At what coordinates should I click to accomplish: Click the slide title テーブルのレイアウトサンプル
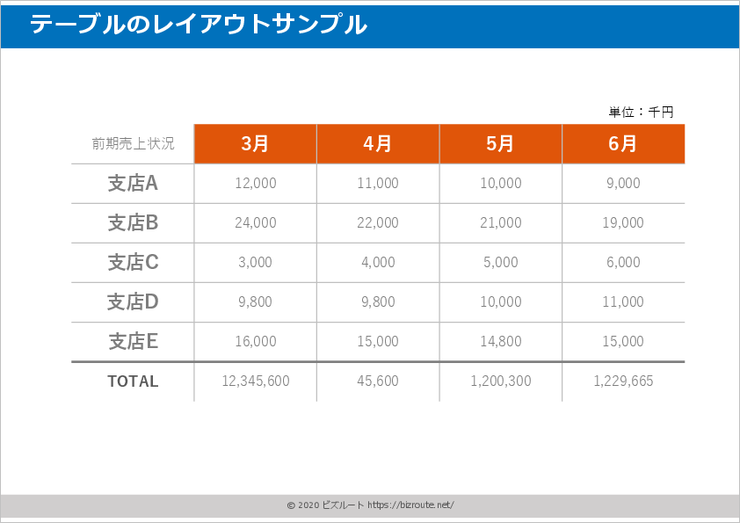pos(199,25)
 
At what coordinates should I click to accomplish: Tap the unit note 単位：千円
pos(641,112)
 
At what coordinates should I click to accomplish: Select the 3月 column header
pos(255,143)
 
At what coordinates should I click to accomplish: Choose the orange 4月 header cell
pos(378,143)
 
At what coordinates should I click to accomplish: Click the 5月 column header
pos(501,143)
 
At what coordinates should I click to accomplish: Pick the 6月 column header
pos(623,143)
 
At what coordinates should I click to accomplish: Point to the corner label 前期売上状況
pos(133,143)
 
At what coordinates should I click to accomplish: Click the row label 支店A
pos(133,183)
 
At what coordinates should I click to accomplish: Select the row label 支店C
pos(133,262)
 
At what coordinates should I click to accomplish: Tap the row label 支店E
pos(133,341)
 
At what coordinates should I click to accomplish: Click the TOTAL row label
pos(133,381)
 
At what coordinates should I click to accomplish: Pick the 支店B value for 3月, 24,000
pos(255,222)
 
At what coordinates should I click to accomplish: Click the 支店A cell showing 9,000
pos(623,183)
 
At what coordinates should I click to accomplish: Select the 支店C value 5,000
pos(501,262)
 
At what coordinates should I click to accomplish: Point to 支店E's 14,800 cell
pos(501,341)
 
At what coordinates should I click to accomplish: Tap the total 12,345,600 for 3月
pos(255,381)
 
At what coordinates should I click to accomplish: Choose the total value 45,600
pos(378,381)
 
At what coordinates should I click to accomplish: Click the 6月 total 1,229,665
pos(623,381)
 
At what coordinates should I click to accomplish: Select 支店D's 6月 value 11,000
pos(623,301)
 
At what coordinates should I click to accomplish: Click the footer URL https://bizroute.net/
pos(410,505)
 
